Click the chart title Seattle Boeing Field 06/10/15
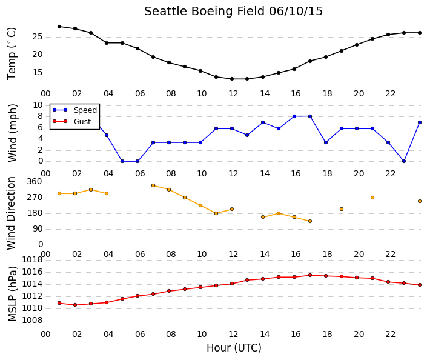233,12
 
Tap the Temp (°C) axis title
12,54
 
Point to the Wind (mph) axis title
13,133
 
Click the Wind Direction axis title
11,213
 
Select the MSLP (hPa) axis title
13,294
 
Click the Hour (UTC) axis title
234,348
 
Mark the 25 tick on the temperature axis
38,37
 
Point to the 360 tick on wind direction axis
35,182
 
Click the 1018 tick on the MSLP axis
32,260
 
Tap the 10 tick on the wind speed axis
38,105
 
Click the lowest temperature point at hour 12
232,79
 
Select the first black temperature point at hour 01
59,27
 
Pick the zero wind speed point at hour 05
122,161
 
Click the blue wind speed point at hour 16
294,116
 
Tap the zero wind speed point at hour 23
404,161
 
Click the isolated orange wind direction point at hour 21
372,198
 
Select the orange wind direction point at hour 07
153,185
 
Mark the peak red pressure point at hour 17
310,275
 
